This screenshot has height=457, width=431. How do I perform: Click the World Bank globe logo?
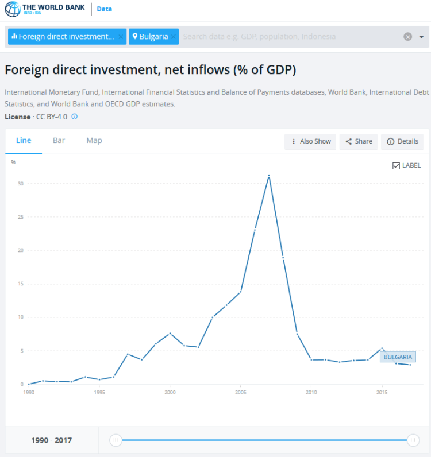pos(12,9)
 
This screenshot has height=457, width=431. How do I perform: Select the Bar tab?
pos(59,141)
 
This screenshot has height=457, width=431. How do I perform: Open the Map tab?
pos(94,141)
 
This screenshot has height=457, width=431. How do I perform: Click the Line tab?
pos(24,141)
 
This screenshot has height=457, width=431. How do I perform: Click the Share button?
pos(359,141)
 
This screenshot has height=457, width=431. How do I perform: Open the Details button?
pos(402,141)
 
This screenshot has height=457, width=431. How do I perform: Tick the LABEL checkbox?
pos(396,166)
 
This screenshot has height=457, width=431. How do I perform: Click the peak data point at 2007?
pos(269,176)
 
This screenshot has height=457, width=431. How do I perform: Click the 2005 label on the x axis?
pos(240,393)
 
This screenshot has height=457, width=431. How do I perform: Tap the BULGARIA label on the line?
pos(398,357)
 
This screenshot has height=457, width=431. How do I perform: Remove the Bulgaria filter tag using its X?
pos(174,37)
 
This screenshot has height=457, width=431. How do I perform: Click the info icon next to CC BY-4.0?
pos(74,117)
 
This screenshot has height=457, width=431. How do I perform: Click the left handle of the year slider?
pos(116,440)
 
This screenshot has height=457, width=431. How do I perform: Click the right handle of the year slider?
pos(413,440)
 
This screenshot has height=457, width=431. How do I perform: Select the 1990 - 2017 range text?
pos(52,441)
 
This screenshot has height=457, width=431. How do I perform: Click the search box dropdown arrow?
pos(421,37)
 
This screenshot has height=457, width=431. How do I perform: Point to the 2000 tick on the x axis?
pos(170,393)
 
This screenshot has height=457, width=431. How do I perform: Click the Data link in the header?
pos(104,9)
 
